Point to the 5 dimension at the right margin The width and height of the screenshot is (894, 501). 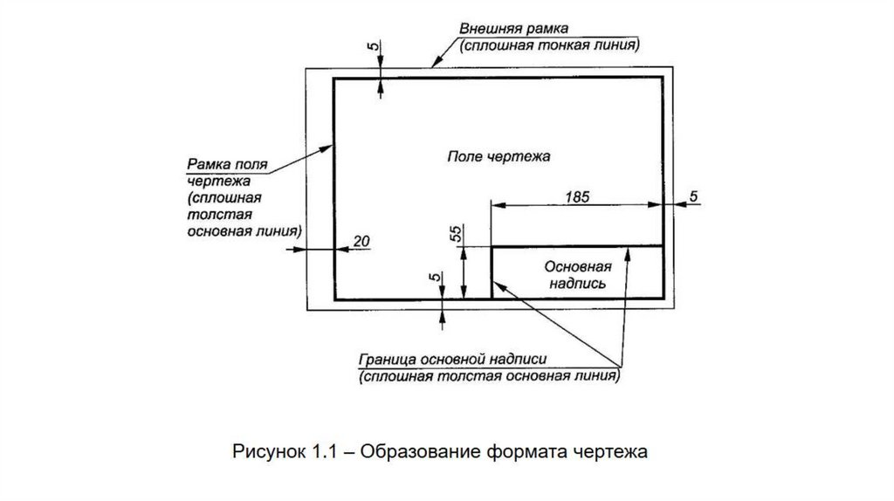coord(692,196)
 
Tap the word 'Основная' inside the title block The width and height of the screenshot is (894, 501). coord(576,265)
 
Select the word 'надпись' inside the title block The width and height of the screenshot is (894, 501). coord(576,284)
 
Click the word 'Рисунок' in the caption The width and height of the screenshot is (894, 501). coord(267,452)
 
